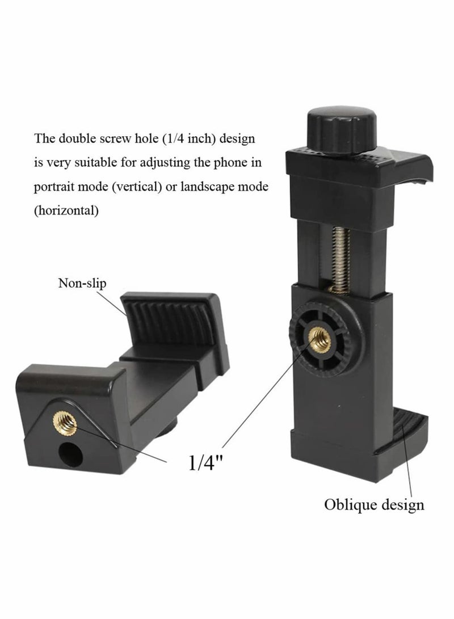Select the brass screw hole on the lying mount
64,422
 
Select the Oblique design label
374,504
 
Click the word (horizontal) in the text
66,211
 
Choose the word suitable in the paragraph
87,163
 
